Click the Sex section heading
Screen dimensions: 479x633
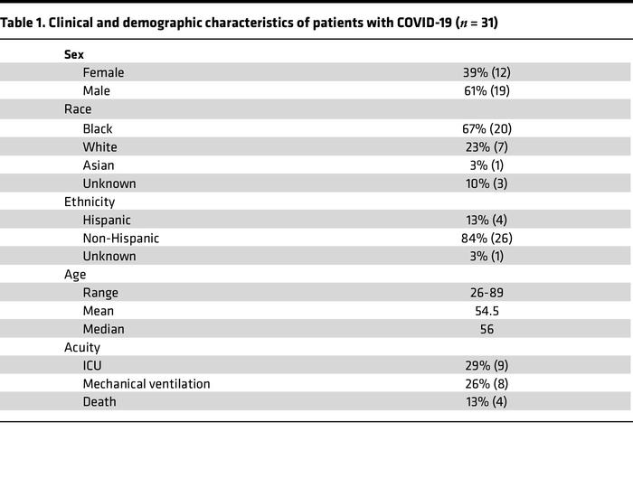[x=74, y=54]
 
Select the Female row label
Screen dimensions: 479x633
[x=103, y=72]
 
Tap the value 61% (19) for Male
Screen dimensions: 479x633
[x=487, y=90]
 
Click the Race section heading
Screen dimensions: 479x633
[x=78, y=109]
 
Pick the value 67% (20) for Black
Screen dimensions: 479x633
[x=487, y=128]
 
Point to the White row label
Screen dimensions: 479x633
[x=99, y=146]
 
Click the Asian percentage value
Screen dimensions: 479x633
[x=487, y=164]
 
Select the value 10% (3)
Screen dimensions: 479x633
[x=487, y=183]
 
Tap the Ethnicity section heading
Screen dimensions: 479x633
[x=90, y=202]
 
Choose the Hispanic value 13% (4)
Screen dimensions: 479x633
[x=487, y=220]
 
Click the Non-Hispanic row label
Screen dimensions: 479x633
[x=120, y=238]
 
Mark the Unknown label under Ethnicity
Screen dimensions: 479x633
[x=109, y=256]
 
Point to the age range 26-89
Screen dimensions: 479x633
[x=487, y=293]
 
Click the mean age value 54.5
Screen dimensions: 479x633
[x=487, y=311]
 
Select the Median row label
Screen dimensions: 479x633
[x=103, y=329]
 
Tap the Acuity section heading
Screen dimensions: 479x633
[x=82, y=347]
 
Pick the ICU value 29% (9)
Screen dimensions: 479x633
[x=487, y=365]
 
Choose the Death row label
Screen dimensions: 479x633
[x=99, y=401]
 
